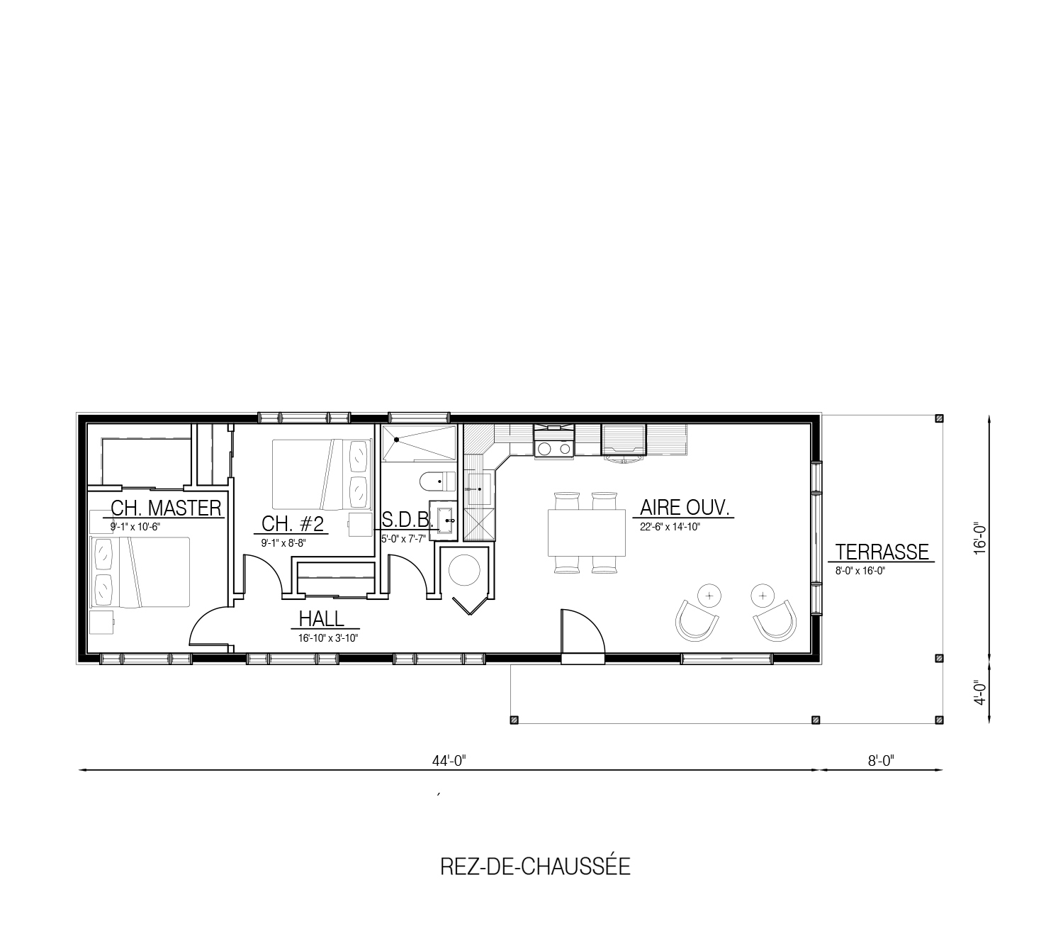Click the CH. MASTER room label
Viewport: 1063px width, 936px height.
pos(166,508)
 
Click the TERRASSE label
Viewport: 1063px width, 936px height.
pos(882,552)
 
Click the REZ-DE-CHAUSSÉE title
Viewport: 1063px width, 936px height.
pos(535,867)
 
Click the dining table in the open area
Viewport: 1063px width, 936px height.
pos(587,533)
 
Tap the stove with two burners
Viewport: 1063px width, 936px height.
pos(554,447)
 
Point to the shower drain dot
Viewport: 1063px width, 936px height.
pos(397,440)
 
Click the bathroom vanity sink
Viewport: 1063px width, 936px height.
pos(444,520)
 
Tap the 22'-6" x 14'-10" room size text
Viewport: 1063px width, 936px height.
pos(670,527)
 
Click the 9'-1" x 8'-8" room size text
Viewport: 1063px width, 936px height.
pos(283,543)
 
